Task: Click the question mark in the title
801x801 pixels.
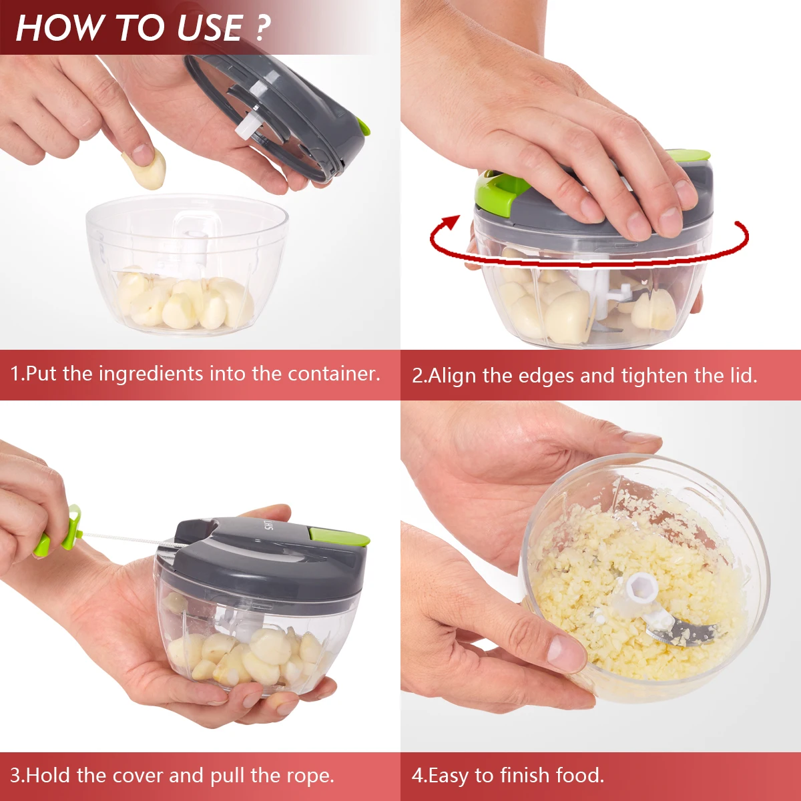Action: [262, 28]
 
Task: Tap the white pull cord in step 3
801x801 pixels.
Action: [127, 538]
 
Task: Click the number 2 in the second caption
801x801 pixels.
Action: [417, 376]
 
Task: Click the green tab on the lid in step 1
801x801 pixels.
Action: [362, 126]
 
